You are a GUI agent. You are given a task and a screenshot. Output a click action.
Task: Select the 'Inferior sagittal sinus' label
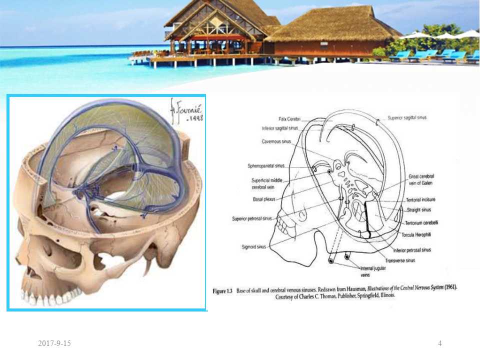(279, 128)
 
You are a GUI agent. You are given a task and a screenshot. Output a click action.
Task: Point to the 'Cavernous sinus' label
(276, 141)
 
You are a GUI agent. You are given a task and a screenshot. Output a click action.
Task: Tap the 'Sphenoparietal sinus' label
(265, 165)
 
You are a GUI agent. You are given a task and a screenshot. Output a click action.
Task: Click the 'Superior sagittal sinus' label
(407, 118)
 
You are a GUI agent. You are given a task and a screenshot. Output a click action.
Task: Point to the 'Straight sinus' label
(419, 210)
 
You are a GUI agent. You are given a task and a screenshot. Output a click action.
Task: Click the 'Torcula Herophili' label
(417, 234)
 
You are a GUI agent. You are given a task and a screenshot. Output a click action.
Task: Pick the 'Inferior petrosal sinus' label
(412, 250)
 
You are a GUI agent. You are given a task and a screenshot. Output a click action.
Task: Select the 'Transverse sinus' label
(400, 260)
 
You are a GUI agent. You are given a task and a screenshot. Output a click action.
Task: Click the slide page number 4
(439, 343)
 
